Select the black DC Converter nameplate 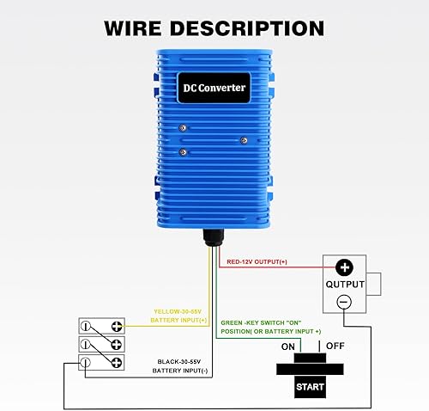214,88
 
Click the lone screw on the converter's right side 244,140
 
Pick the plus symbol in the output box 343,267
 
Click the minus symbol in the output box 343,301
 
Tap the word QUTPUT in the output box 343,285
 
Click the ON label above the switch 289,347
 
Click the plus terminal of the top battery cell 115,326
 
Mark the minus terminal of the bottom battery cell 87,363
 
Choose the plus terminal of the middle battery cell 115,345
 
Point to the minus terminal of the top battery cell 87,326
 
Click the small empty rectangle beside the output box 374,285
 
